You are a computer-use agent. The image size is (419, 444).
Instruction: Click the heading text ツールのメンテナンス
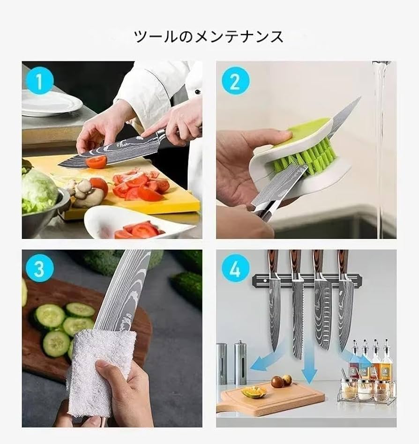[x=209, y=36]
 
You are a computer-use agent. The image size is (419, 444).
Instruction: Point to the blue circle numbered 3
[x=39, y=269]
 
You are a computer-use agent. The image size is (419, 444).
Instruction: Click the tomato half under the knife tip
[x=96, y=162]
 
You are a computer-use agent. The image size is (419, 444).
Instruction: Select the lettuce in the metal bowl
[x=38, y=190]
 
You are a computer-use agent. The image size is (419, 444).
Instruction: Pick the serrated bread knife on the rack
[x=298, y=318]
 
